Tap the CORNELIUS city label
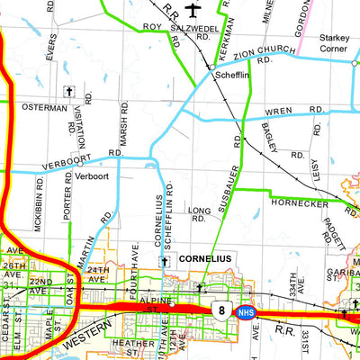pos(205,258)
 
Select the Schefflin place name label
pos(231,76)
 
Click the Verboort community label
pos(91,176)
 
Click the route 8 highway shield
pos(220,310)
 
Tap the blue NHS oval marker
pos(244,312)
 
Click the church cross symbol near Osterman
pos(68,92)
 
